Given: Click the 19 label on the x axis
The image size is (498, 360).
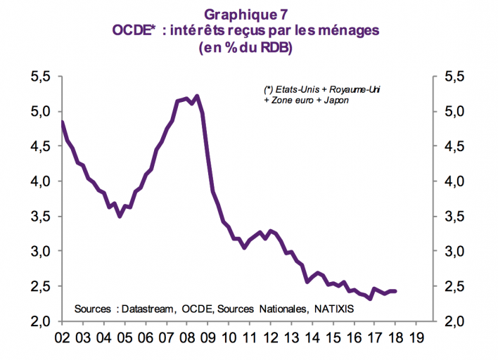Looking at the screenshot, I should point(416,339).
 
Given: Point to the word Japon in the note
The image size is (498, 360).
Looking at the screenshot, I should point(336,101).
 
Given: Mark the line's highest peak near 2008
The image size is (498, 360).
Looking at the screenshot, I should point(196,96).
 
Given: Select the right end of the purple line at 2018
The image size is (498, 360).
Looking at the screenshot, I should point(395,291).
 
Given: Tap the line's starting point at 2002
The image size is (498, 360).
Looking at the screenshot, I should point(63,122).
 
